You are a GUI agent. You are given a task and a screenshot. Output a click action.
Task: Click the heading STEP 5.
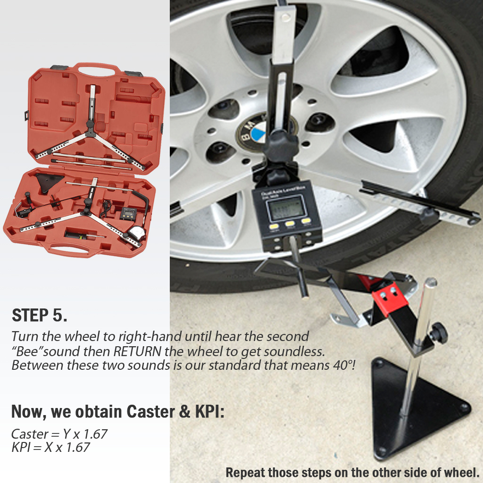click(x=40, y=316)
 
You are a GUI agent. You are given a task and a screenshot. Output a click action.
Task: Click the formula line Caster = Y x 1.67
click(x=59, y=433)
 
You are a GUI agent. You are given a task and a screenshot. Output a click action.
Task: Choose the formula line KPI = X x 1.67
click(x=50, y=447)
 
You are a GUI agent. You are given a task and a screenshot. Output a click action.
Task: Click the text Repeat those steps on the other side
click(x=352, y=472)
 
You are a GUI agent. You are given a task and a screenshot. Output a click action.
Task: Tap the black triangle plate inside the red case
click(x=49, y=181)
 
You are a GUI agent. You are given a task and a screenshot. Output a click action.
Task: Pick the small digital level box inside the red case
click(x=127, y=213)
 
